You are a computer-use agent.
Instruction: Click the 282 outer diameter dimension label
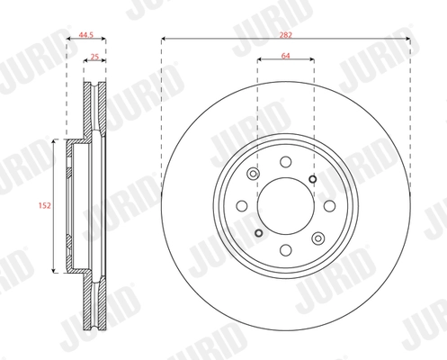tap(286, 35)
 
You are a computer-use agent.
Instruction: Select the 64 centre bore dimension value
tap(286, 56)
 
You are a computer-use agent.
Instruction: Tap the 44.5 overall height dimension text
tap(86, 35)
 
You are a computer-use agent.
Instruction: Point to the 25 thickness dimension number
tap(94, 57)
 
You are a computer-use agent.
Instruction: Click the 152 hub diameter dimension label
tap(44, 206)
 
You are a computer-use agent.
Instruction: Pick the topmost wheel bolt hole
tap(286, 162)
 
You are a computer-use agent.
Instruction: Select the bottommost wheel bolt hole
tap(286, 250)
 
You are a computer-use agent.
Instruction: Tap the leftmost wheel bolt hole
tap(242, 206)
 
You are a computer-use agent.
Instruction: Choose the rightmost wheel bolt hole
tap(330, 206)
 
